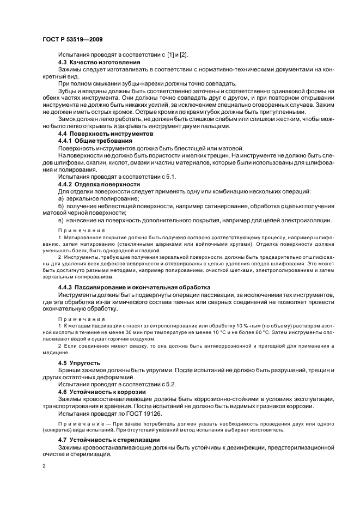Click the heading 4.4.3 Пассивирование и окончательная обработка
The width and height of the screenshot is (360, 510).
tap(133, 287)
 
